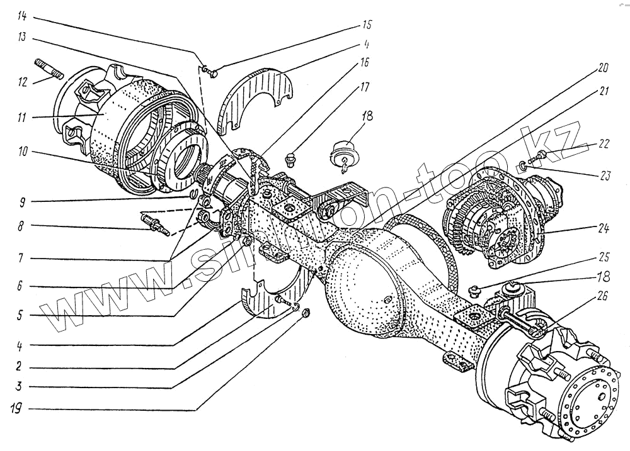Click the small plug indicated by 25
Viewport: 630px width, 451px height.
tap(476, 290)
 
